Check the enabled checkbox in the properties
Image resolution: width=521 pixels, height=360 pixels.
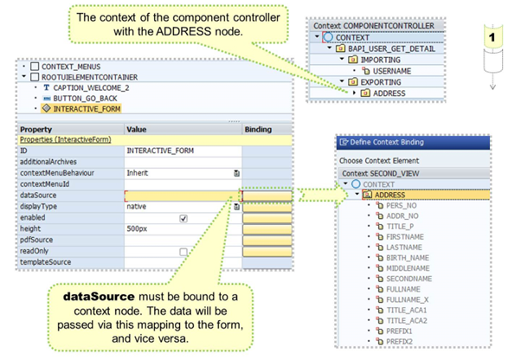click(x=183, y=219)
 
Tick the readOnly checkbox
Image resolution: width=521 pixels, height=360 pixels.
click(x=183, y=252)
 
